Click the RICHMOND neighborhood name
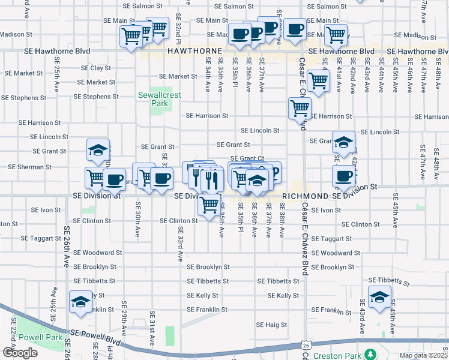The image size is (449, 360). click(x=305, y=196)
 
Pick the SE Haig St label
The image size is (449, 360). click(x=273, y=325)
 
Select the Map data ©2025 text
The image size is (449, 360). click(x=423, y=355)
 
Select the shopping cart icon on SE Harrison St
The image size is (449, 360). click(x=300, y=109)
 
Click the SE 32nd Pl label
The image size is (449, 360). click(x=178, y=28)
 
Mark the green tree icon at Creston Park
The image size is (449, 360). click(x=371, y=355)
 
